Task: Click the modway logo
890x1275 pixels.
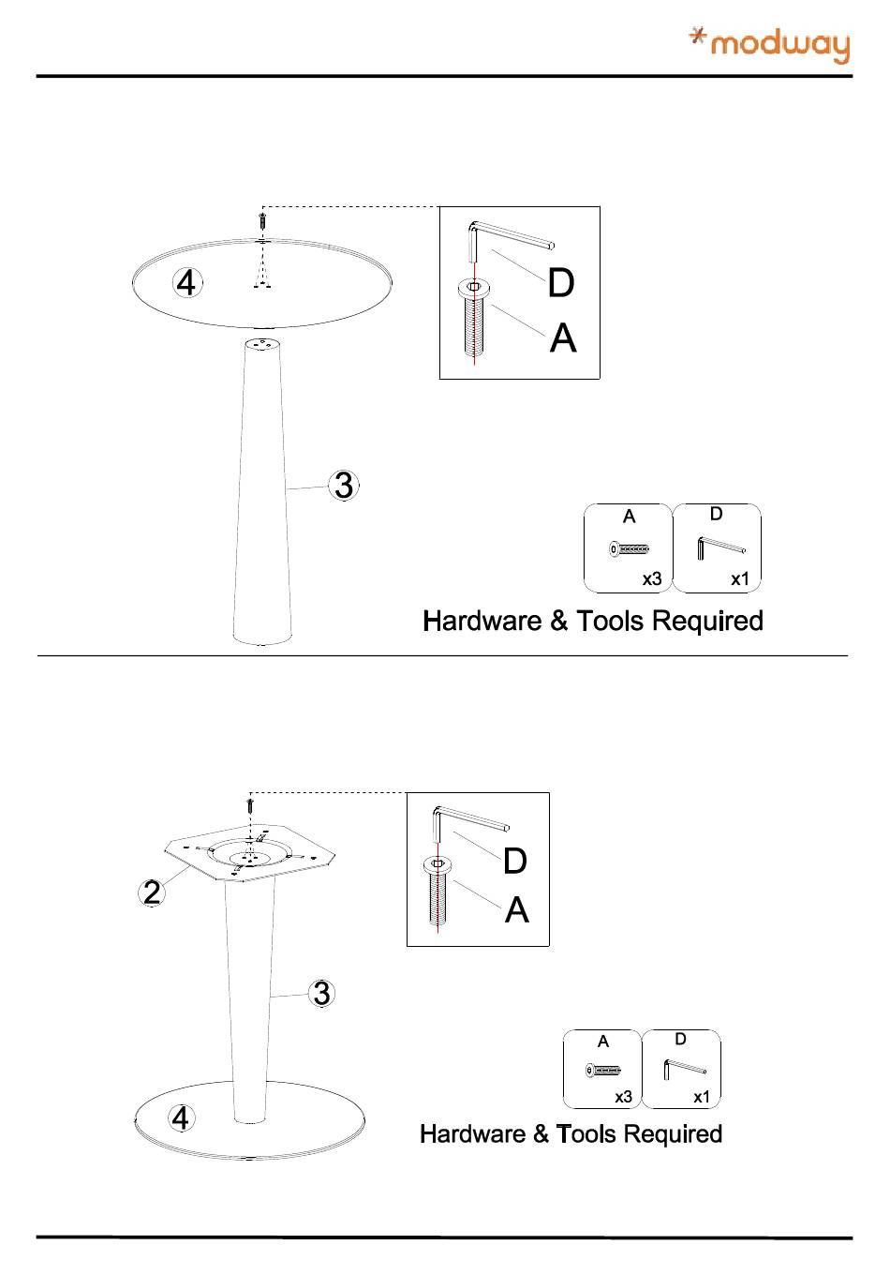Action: click(769, 44)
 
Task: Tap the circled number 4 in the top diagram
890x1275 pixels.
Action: click(187, 282)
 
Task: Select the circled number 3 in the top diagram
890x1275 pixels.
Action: click(345, 486)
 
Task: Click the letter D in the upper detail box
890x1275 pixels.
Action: click(560, 283)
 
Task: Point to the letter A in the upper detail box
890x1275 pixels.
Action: click(563, 337)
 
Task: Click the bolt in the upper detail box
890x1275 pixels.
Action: click(474, 319)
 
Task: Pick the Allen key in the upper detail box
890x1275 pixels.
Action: click(506, 237)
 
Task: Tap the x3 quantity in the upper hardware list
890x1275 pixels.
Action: click(652, 579)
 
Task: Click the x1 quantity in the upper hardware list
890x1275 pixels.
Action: click(740, 579)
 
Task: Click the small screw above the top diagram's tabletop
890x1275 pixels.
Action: click(263, 222)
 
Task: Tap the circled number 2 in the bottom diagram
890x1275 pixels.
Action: click(152, 892)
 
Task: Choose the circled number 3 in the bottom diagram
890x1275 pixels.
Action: click(321, 993)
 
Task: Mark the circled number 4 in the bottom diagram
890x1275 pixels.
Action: click(180, 1117)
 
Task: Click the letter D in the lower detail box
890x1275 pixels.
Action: click(514, 861)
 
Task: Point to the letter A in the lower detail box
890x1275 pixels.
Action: click(516, 909)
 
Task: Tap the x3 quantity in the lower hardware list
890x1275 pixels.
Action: click(624, 1097)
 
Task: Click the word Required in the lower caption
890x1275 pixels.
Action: click(672, 1134)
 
